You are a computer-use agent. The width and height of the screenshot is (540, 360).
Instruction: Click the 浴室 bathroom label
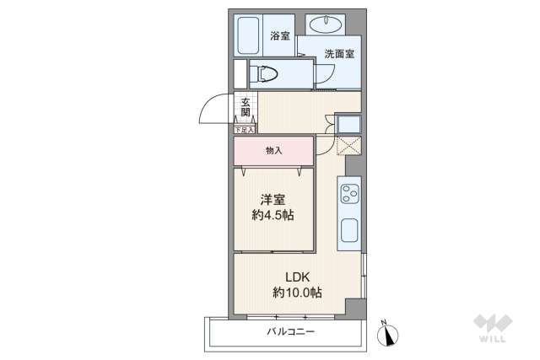tap(280, 36)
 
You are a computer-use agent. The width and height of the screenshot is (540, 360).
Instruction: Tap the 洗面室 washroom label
tap(339, 54)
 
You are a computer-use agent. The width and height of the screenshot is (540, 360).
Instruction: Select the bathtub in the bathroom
tap(249, 36)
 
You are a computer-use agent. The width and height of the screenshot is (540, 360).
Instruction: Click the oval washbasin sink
tap(325, 24)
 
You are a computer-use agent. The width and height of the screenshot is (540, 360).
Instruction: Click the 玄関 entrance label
tap(245, 107)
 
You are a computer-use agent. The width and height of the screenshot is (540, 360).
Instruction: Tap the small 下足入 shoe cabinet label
tap(244, 130)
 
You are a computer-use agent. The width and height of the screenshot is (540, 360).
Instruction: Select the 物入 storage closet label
tap(273, 150)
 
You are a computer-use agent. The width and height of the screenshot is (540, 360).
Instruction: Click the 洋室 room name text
tap(272, 199)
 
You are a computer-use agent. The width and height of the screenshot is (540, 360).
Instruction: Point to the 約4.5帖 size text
tap(272, 215)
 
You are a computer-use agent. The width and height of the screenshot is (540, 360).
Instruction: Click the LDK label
tap(297, 277)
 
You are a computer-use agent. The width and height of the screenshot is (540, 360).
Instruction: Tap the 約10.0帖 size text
tap(297, 293)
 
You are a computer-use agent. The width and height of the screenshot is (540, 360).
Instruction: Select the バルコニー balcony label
tap(290, 332)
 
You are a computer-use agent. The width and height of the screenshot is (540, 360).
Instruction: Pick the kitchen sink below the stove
tap(348, 229)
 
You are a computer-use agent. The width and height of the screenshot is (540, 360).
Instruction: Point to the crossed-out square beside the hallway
tap(348, 145)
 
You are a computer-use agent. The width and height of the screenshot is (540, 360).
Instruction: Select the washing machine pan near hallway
tap(348, 124)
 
